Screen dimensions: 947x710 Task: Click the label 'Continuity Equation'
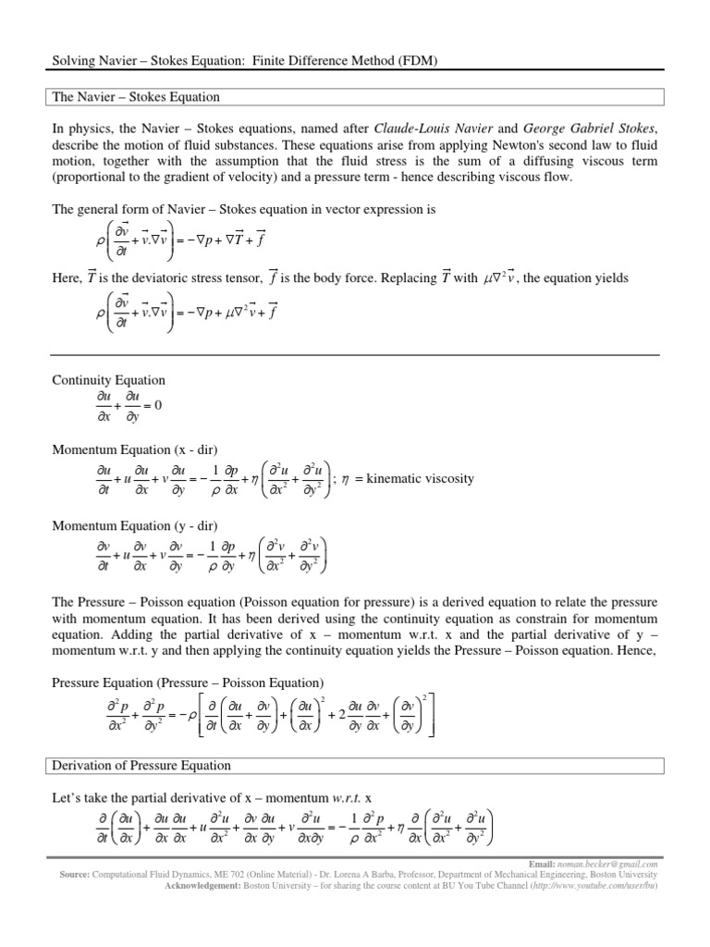coord(108,380)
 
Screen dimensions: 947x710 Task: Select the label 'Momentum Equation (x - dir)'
coord(134,449)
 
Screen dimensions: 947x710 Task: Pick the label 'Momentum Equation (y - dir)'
coord(134,526)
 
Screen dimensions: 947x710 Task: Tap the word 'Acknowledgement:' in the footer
coord(202,885)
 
